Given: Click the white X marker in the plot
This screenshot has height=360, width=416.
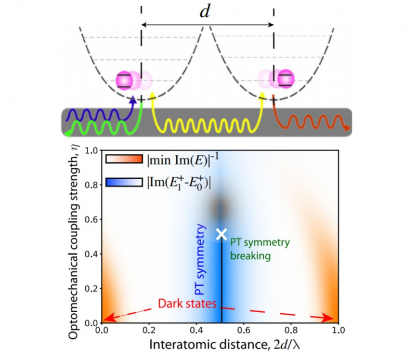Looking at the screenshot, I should click(x=222, y=234).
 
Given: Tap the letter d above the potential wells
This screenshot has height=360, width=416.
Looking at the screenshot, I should click(x=206, y=12).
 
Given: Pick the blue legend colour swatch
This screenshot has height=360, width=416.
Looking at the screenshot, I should click(x=124, y=182).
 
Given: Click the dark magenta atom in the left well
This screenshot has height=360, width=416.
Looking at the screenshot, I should click(x=124, y=80).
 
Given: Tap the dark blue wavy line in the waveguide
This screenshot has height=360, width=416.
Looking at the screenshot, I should click(x=94, y=113).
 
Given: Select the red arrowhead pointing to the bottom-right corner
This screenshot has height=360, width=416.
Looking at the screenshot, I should click(x=333, y=318).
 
